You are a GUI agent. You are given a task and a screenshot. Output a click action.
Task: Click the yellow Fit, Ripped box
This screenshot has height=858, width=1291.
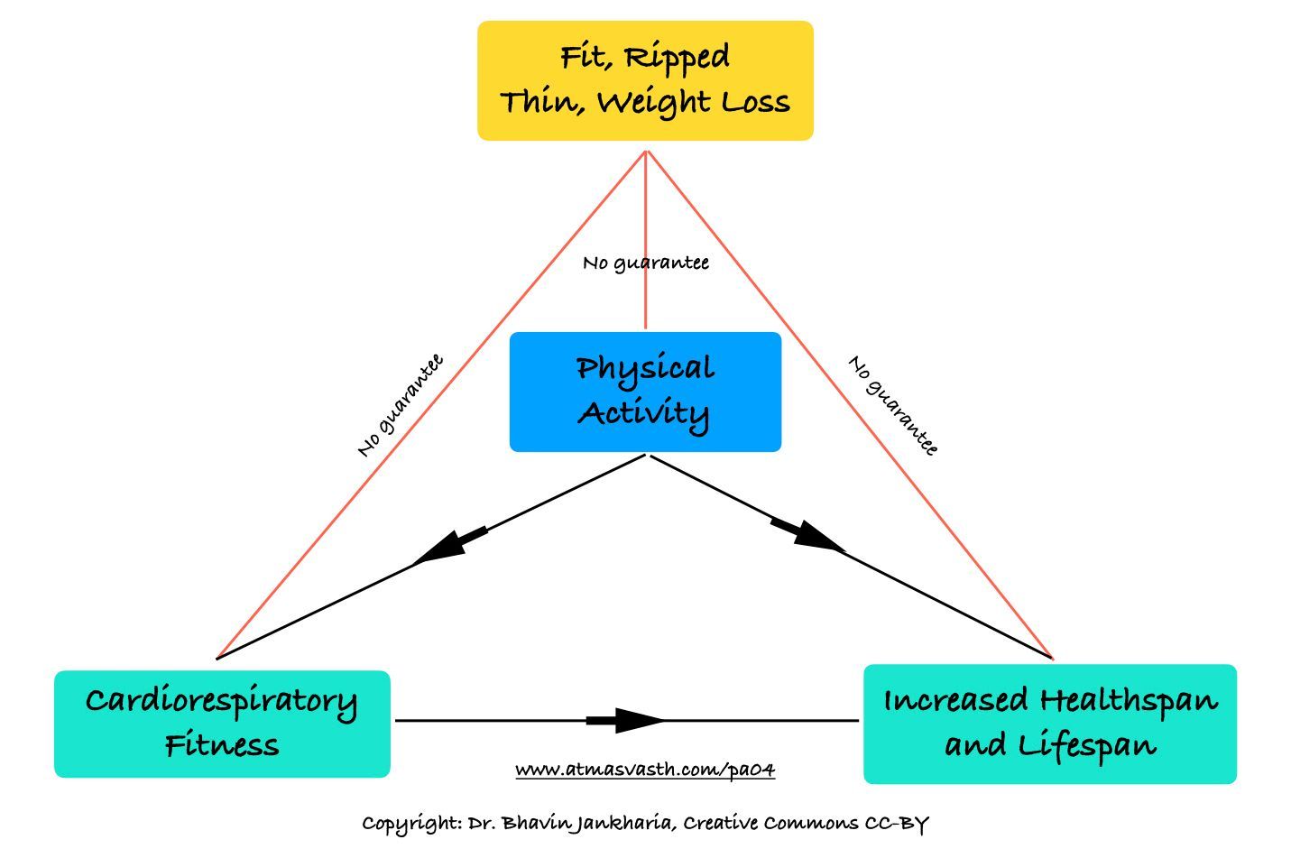click(645, 80)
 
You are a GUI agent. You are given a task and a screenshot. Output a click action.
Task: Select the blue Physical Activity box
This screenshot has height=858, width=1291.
click(645, 392)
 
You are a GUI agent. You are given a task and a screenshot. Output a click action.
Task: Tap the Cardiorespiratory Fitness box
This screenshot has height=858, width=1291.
click(222, 724)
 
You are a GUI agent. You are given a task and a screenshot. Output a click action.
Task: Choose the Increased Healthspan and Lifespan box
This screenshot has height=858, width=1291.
click(1049, 724)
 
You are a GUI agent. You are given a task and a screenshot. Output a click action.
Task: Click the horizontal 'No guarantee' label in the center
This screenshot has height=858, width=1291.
click(645, 263)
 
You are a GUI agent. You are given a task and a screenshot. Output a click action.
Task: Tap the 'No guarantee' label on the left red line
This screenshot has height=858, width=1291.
click(400, 406)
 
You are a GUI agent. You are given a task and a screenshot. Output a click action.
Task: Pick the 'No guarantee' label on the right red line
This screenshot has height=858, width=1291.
click(893, 406)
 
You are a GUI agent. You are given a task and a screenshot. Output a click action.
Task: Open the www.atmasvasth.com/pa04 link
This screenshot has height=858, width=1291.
click(645, 770)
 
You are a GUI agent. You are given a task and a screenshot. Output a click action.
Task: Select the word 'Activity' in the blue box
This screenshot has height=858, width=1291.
click(643, 413)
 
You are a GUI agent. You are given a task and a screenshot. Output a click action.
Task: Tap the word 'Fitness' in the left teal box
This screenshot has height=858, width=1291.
click(222, 746)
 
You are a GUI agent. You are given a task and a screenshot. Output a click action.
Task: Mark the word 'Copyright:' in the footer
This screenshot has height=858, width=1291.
click(411, 823)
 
